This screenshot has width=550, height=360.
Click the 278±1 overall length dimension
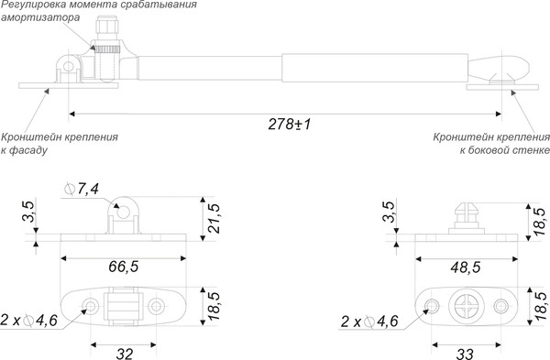(x=290, y=124)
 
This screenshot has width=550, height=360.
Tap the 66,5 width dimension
(x=124, y=267)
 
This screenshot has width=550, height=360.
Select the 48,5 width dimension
(x=466, y=267)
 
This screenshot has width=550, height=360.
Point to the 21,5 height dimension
(x=214, y=218)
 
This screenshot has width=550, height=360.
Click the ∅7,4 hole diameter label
(x=82, y=190)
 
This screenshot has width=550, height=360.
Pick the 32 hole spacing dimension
(x=124, y=354)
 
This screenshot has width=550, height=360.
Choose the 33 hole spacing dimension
(x=465, y=354)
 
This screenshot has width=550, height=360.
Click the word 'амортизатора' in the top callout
(x=40, y=17)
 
